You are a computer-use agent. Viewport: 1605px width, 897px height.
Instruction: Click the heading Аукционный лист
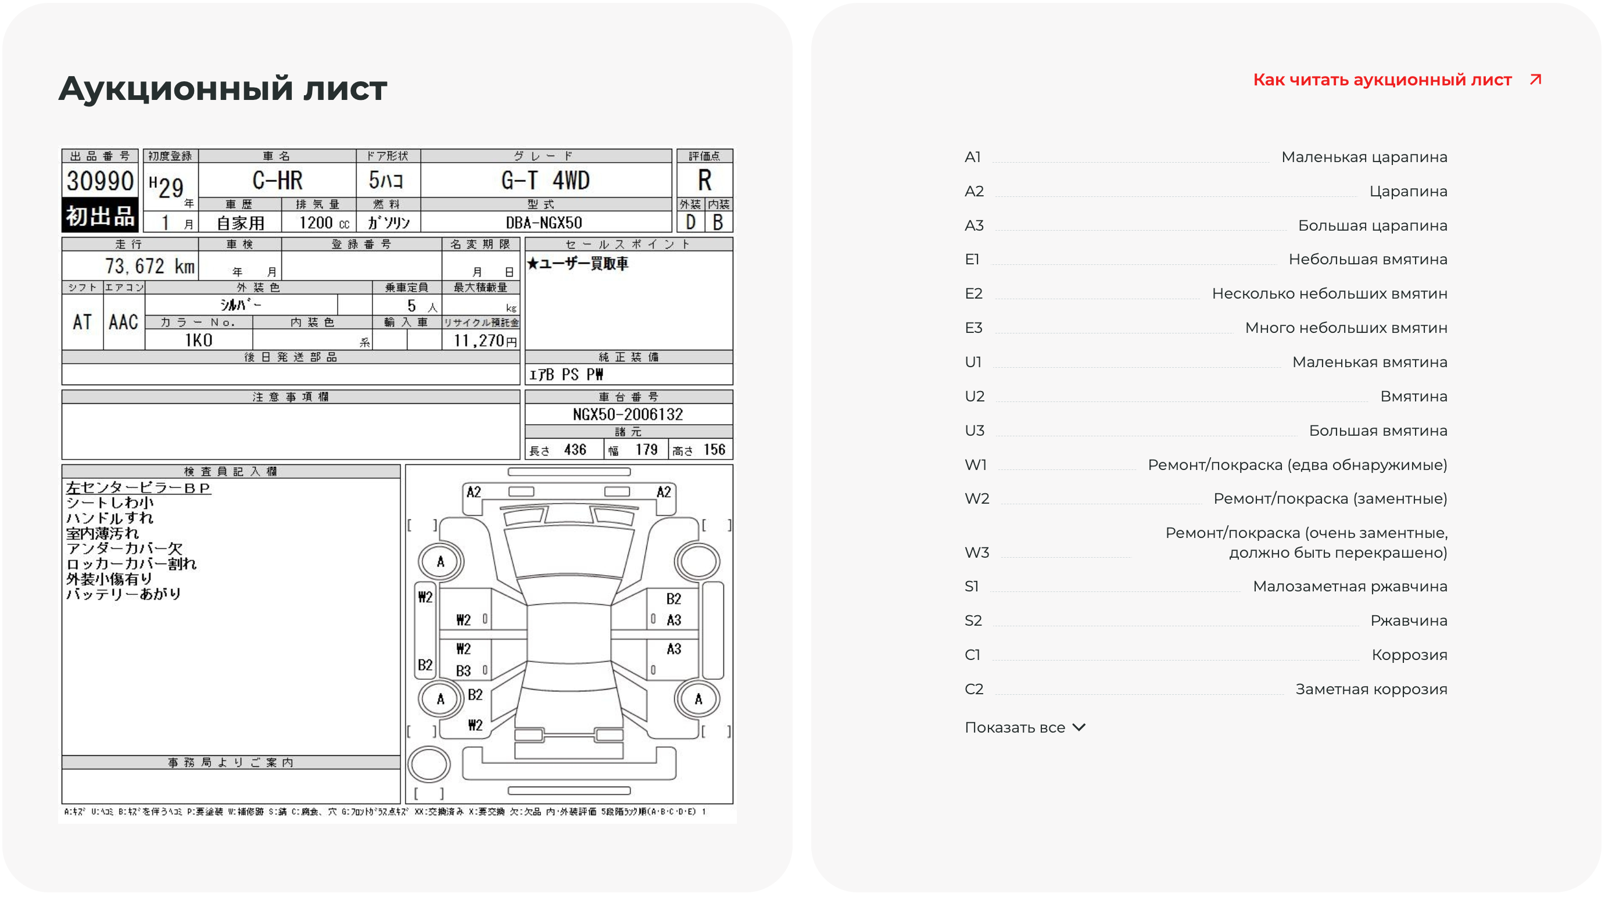coord(223,88)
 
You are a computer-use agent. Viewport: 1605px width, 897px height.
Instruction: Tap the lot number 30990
coord(100,181)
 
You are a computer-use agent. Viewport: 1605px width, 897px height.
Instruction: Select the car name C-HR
coord(277,181)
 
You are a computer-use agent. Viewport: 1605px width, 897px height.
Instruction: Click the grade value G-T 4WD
coord(545,181)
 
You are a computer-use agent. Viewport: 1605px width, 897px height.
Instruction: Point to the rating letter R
coord(705,181)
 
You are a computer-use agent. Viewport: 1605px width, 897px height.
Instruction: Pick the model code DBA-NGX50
coord(544,223)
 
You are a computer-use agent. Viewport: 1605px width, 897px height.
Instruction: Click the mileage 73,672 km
coord(149,267)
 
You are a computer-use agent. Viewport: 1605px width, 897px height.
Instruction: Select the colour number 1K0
coord(198,340)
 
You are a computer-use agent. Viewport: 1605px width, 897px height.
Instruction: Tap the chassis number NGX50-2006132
coord(628,414)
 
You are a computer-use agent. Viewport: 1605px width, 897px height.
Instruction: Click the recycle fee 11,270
coord(481,340)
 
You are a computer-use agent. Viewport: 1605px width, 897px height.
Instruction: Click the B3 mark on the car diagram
coord(463,671)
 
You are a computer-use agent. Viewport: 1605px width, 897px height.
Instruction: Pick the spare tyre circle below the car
coord(429,764)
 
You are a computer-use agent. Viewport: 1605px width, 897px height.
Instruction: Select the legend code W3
coord(976,552)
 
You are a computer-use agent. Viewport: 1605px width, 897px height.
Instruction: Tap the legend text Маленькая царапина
coord(1364,157)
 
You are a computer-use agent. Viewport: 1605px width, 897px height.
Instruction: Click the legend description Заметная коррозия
coord(1371,689)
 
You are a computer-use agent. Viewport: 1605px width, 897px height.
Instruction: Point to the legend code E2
coord(973,293)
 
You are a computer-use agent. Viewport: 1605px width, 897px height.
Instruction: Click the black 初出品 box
coord(100,216)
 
